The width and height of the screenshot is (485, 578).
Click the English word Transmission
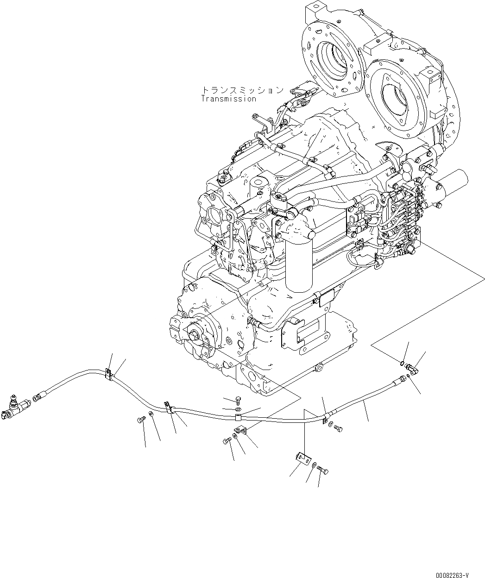pos(228,99)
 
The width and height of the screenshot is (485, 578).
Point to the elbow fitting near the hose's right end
pos(410,368)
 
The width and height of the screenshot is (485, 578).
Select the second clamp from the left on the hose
pos(169,408)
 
